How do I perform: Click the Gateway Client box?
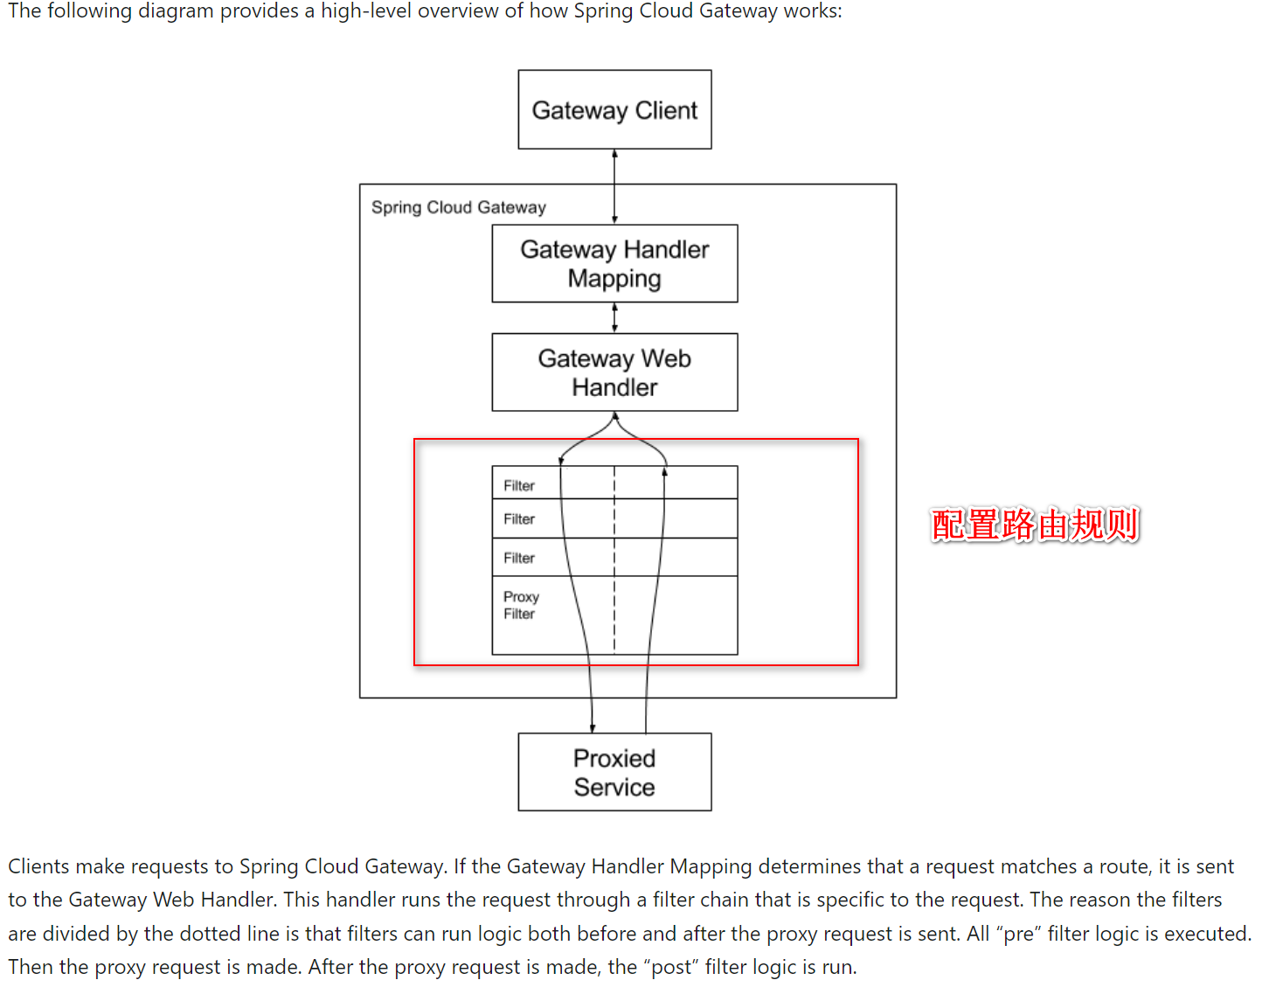point(614,109)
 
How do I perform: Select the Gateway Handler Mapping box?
point(614,263)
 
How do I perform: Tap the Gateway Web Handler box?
point(614,372)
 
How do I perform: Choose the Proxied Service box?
point(614,771)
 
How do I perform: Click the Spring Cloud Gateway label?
point(459,207)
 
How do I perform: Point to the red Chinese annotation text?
point(1034,524)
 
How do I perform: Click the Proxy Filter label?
point(521,605)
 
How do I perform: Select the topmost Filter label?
point(518,485)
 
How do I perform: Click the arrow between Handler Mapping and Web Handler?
point(614,317)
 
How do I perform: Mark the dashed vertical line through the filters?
point(614,559)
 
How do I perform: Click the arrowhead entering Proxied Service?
point(593,728)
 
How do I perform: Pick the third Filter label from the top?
point(518,558)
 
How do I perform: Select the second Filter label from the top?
point(518,518)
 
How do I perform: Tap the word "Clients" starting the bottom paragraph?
point(38,865)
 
